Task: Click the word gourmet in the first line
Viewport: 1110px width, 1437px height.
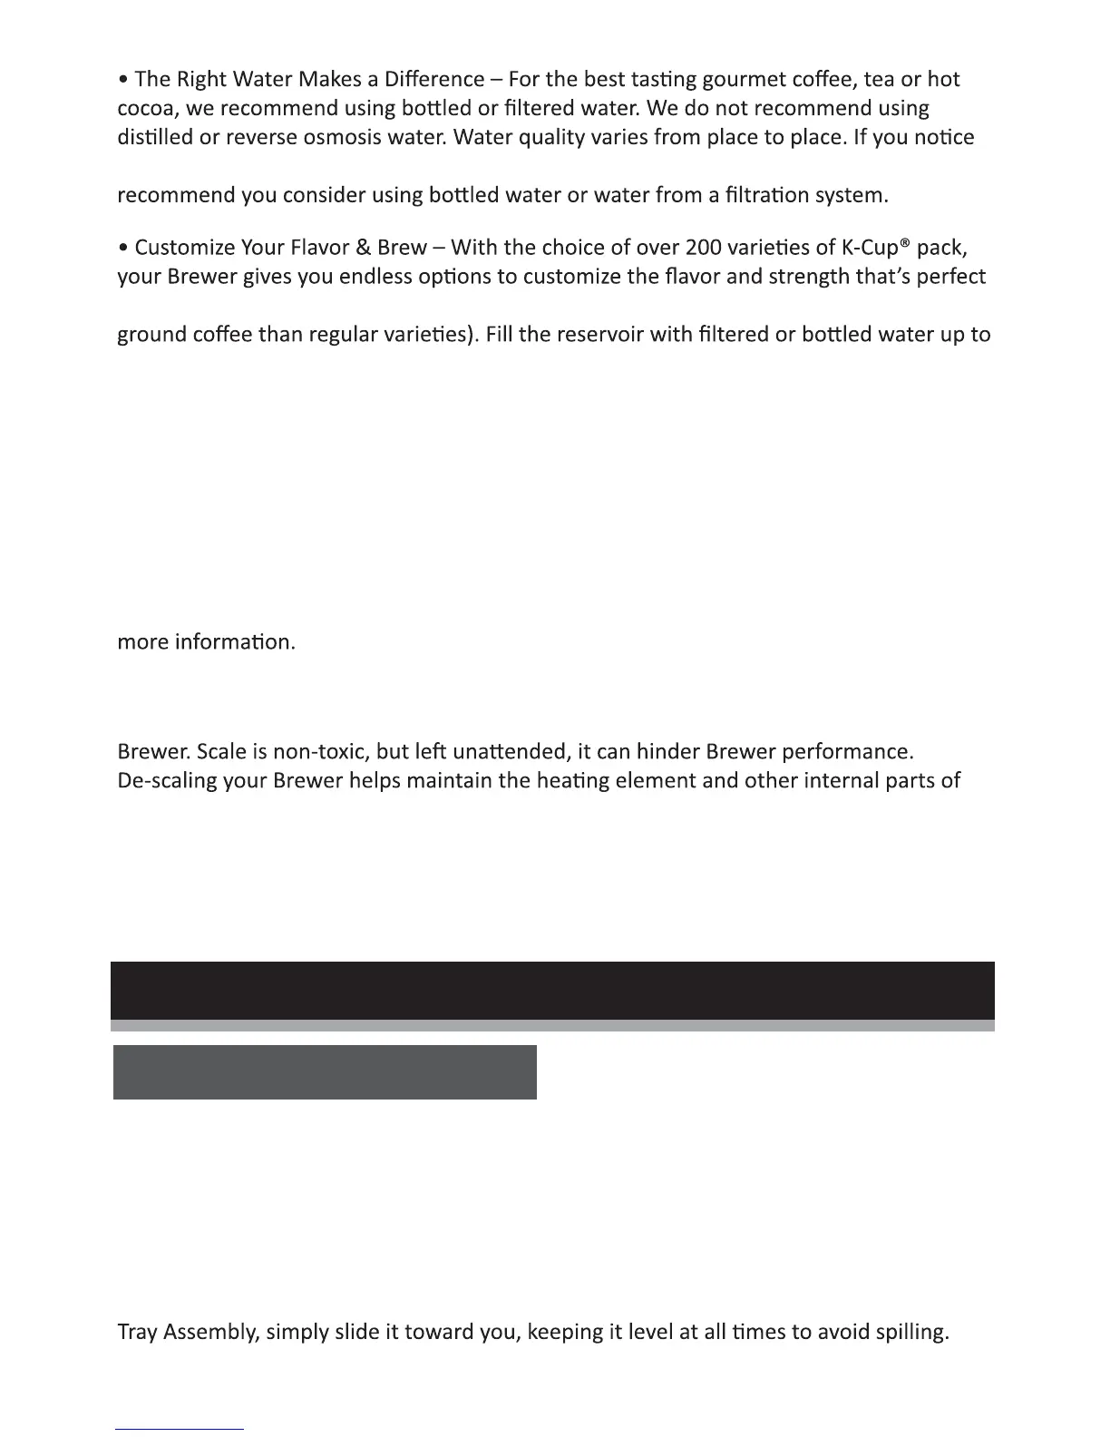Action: pyautogui.click(x=749, y=80)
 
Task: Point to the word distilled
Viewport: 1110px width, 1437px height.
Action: pyautogui.click(x=155, y=138)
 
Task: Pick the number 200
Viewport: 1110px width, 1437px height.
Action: pyautogui.click(x=704, y=248)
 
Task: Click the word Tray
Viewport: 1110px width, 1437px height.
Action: pyautogui.click(x=138, y=1333)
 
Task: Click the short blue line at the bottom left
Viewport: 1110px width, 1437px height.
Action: pyautogui.click(x=180, y=1430)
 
